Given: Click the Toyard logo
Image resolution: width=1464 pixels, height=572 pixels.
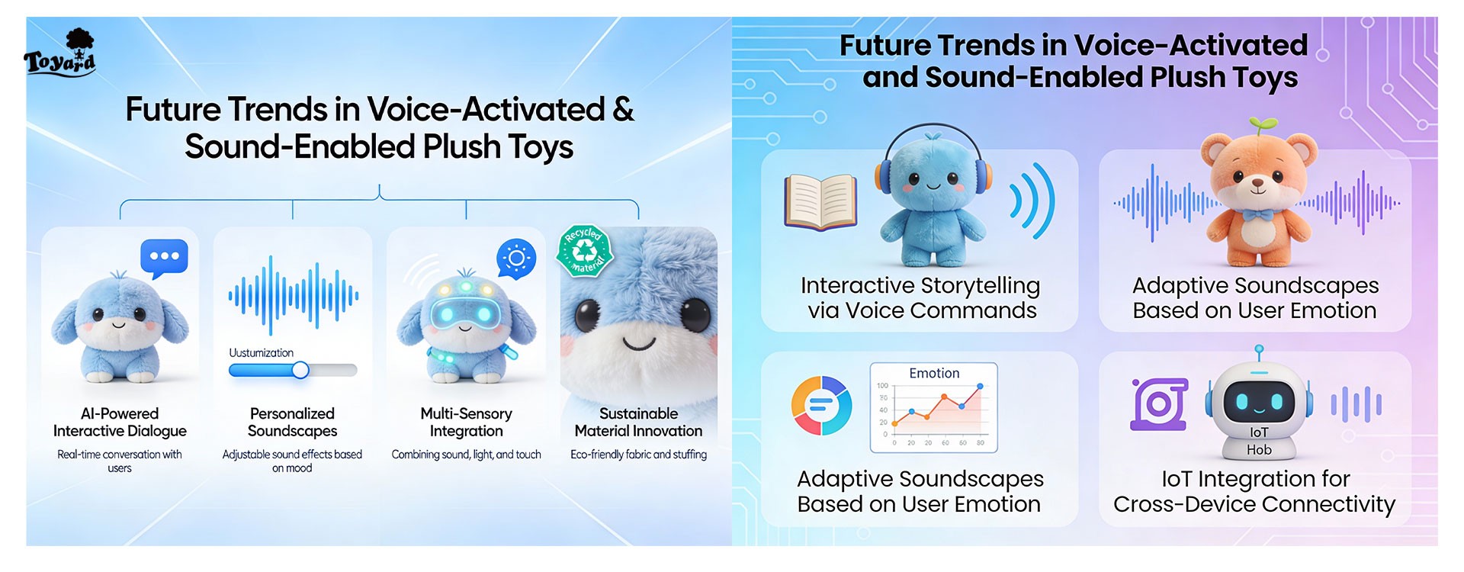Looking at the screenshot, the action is point(60,52).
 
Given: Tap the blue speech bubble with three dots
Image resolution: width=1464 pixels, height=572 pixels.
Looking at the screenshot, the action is point(164,258).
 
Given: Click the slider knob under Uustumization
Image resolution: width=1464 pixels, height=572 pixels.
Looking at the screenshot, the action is point(300,370).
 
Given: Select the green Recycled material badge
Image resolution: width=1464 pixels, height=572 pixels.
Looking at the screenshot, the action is point(585,249).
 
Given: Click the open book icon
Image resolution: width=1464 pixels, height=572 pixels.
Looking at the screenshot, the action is point(820,202).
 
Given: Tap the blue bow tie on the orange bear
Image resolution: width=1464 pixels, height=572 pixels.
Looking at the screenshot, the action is point(1258,216).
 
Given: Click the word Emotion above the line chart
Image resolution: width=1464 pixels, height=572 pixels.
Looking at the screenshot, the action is point(934,373).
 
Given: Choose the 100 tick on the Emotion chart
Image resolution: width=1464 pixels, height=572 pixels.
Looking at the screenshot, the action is point(882,386).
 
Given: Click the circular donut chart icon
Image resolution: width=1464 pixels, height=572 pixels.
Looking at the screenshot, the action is point(821,405).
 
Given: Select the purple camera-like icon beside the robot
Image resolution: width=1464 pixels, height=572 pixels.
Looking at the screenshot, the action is point(1159,403).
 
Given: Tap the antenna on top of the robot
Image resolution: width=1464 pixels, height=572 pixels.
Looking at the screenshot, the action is point(1259,355).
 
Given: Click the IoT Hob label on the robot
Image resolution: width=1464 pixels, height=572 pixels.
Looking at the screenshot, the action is point(1259,441).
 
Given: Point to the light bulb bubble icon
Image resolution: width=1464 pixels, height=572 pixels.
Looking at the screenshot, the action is point(515,259).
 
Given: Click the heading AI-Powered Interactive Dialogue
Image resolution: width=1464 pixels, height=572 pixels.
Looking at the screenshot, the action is point(120,422).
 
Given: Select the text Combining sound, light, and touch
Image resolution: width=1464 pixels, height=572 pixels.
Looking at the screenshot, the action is point(467,455).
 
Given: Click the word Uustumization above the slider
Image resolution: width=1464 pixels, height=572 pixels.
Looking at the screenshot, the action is point(262,352).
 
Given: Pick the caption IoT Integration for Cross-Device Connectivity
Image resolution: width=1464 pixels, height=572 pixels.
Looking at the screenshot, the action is point(1254,491).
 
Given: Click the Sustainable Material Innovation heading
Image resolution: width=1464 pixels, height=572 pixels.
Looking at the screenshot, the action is point(638,422).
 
